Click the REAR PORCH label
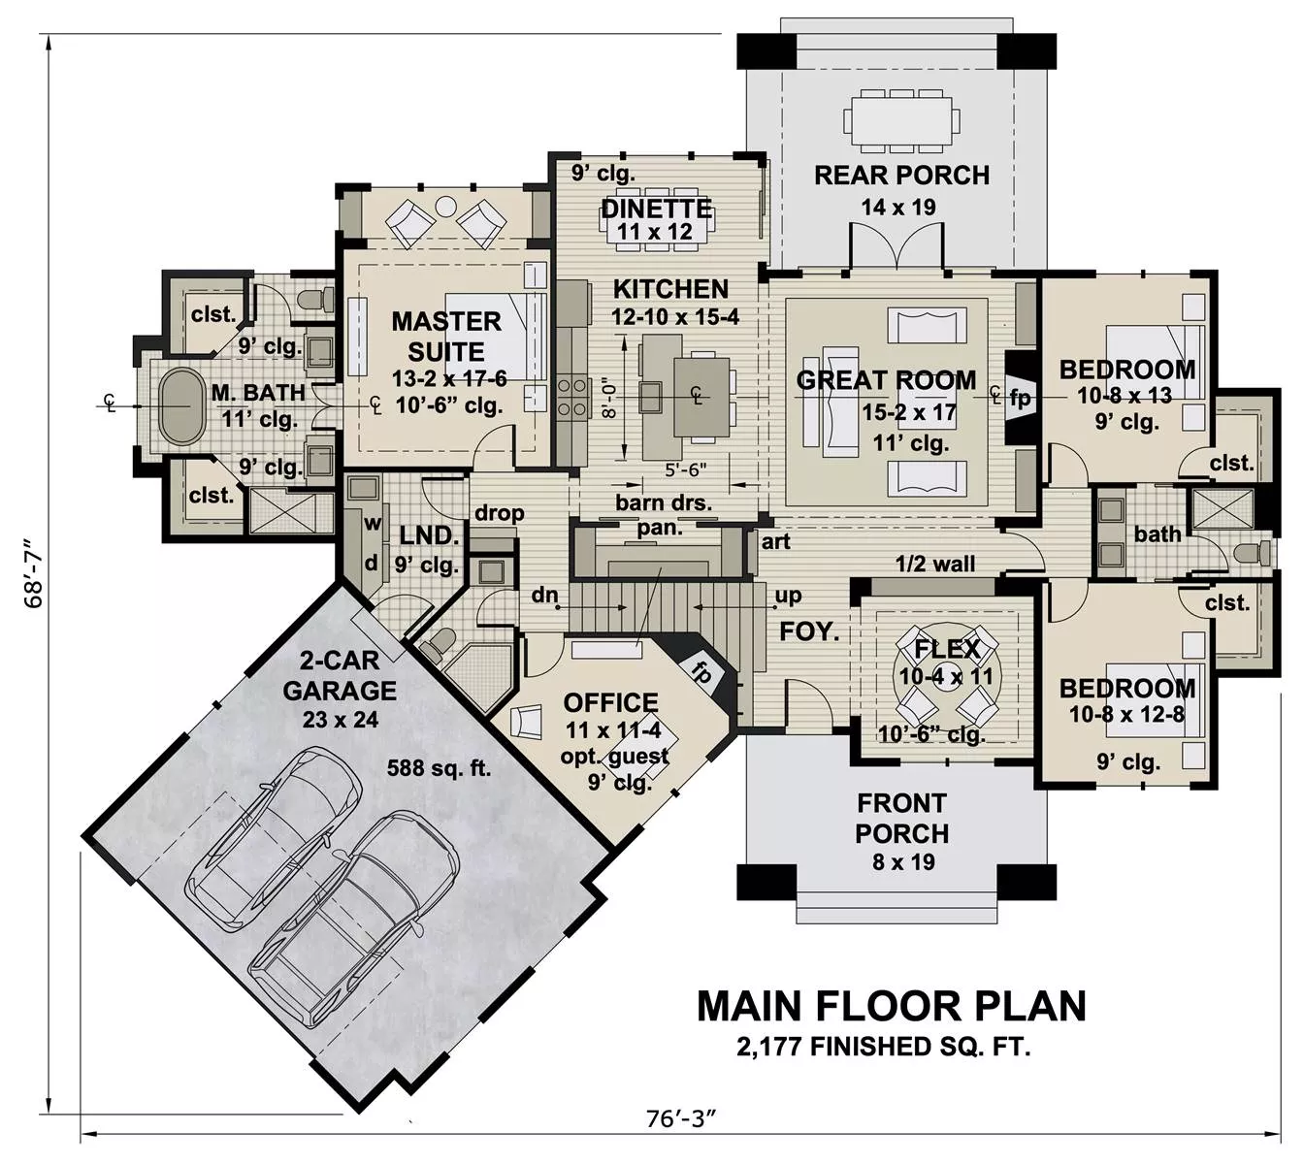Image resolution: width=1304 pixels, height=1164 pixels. coord(901,175)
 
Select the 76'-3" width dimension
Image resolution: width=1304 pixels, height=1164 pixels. coord(682,1137)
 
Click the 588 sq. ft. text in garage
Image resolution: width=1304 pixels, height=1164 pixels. coord(439,767)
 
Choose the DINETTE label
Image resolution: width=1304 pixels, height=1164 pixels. coord(656,209)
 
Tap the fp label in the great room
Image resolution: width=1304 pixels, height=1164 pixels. coord(1020,399)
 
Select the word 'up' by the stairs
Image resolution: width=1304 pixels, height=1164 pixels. coord(788,596)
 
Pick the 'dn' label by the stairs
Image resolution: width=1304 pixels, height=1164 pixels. coord(544,596)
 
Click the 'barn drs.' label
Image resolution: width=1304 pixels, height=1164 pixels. coord(664,501)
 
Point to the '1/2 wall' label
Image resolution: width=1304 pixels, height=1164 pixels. coord(935,564)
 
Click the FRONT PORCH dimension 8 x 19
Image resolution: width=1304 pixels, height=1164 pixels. coord(903,861)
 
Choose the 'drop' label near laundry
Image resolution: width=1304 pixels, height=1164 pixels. coord(500,513)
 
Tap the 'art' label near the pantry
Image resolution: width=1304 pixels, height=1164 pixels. coord(775,541)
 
